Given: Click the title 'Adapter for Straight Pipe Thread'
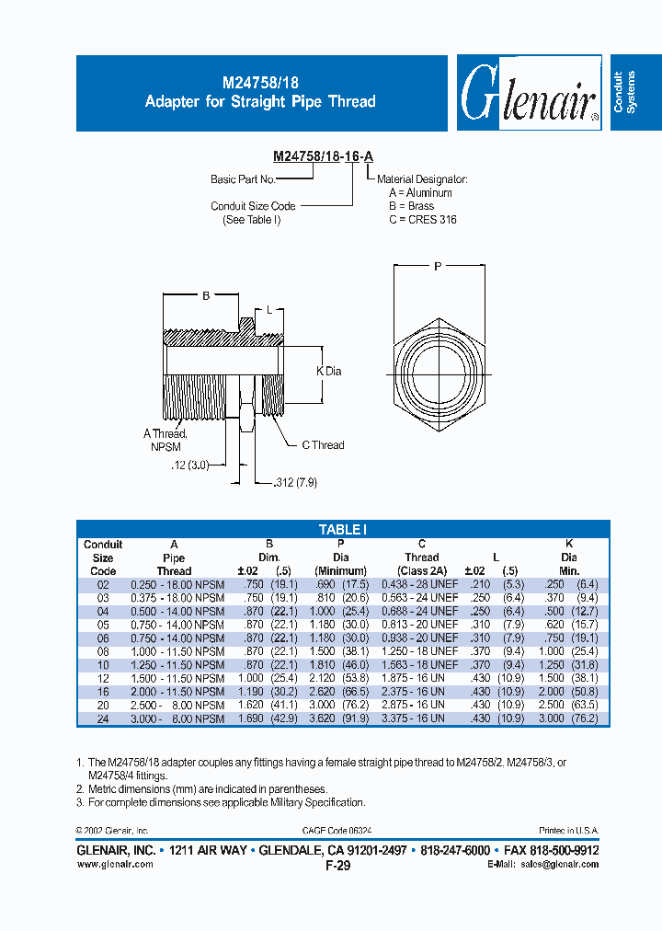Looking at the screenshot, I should pos(260,101).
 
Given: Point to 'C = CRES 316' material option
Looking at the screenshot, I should pos(422,220).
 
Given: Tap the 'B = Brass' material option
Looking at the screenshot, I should pos(411,207).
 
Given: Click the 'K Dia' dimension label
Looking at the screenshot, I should pos(329,371).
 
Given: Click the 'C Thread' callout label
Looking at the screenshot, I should pos(323,445).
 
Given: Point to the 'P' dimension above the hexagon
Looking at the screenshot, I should pos(439,266).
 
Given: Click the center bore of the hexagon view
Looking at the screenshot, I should pos(439,370).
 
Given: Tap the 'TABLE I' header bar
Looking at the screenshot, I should pos(343,530).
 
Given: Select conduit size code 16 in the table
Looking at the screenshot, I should pos(103,691).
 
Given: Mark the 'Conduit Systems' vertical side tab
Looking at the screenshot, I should pos(624,92).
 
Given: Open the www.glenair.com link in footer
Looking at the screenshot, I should pos(115,864).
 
